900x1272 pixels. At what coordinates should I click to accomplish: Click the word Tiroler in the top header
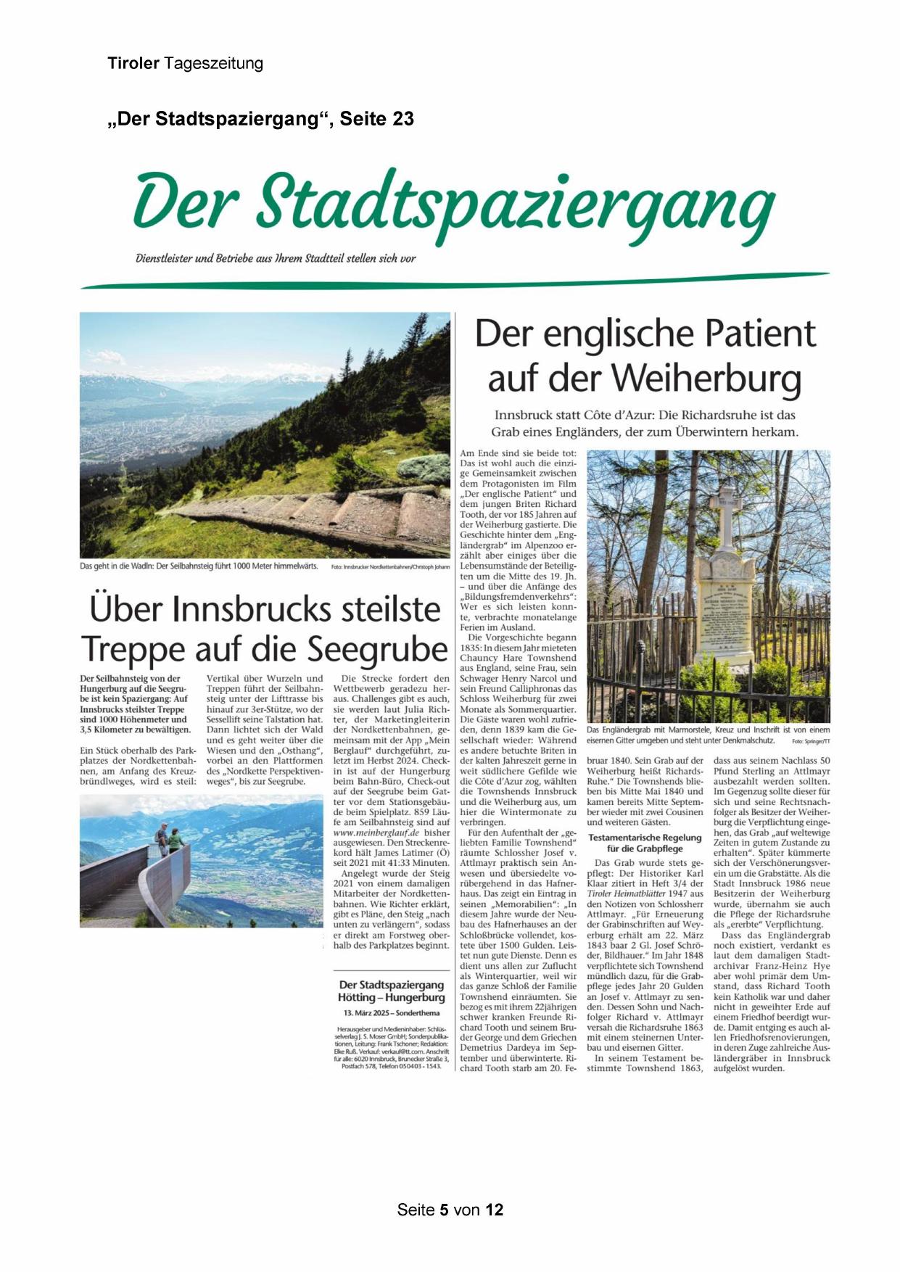pyautogui.click(x=133, y=64)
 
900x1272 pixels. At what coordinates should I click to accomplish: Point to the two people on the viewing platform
pyautogui.click(x=168, y=839)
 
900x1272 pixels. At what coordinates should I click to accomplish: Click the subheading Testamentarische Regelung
pyautogui.click(x=645, y=838)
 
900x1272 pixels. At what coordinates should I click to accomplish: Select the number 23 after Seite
pyautogui.click(x=401, y=119)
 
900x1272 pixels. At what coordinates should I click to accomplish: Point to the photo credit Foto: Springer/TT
pyautogui.click(x=811, y=742)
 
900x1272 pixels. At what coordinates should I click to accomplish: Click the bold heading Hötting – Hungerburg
pyautogui.click(x=391, y=997)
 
